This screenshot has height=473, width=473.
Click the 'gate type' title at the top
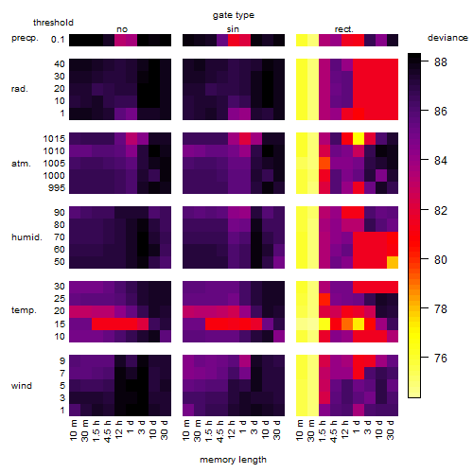(234, 15)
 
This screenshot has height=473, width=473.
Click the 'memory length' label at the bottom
(233, 460)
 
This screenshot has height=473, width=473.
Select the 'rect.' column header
(343, 29)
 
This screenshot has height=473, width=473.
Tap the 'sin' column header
(233, 29)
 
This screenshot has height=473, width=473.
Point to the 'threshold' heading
(53, 23)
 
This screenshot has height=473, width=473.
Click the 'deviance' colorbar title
(447, 38)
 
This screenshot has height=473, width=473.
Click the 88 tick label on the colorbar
(441, 62)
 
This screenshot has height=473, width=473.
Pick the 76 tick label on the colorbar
(441, 358)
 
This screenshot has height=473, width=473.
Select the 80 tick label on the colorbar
(441, 259)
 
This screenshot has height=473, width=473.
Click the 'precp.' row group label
(25, 38)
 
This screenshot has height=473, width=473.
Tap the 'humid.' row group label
(26, 236)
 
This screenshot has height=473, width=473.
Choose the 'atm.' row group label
(21, 164)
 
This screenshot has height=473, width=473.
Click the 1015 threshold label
(54, 139)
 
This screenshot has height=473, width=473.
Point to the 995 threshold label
(57, 188)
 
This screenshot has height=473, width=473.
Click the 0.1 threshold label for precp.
(58, 40)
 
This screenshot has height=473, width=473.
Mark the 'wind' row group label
(22, 386)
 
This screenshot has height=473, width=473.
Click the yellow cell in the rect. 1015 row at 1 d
(359, 139)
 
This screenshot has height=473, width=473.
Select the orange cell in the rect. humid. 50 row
(393, 262)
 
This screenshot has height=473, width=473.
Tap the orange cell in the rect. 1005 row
(324, 164)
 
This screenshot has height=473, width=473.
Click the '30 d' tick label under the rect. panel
(391, 429)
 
